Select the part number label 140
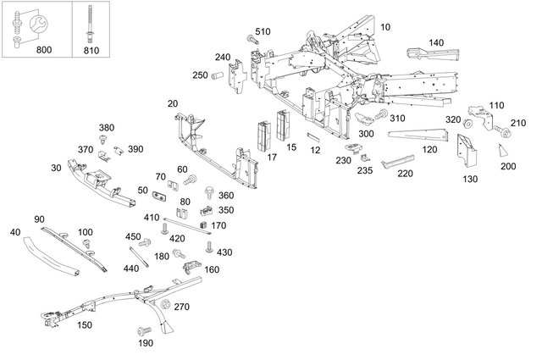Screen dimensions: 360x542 coord(436,42)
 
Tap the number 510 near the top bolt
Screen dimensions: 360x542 coord(263,31)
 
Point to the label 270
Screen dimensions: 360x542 coord(181,307)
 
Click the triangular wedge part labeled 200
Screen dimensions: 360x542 coord(502,151)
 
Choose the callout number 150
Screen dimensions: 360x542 coord(85,324)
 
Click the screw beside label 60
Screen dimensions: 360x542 coord(190,180)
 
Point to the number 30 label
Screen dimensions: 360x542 coord(56,168)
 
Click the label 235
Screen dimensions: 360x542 coord(364,169)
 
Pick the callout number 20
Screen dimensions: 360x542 coord(173,103)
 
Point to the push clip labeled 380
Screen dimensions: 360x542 coord(104,138)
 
